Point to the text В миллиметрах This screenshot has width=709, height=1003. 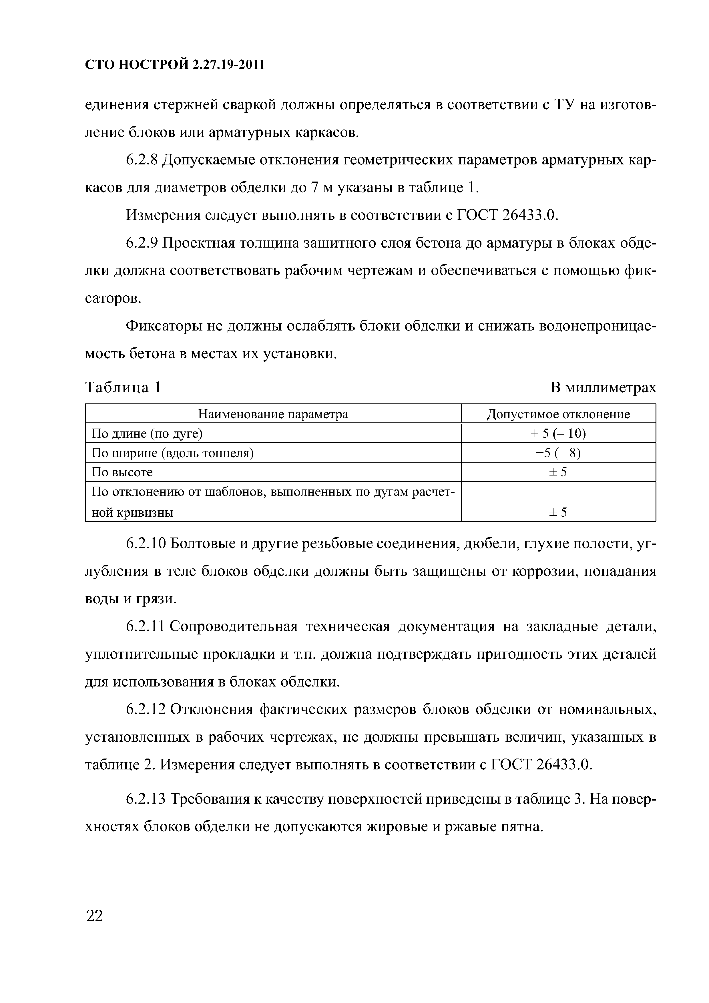tap(603, 387)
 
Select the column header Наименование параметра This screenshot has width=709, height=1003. tap(273, 414)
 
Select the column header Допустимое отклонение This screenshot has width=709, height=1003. tap(558, 414)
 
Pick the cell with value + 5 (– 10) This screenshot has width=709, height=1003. tap(558, 433)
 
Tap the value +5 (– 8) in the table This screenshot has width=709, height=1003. tap(558, 453)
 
